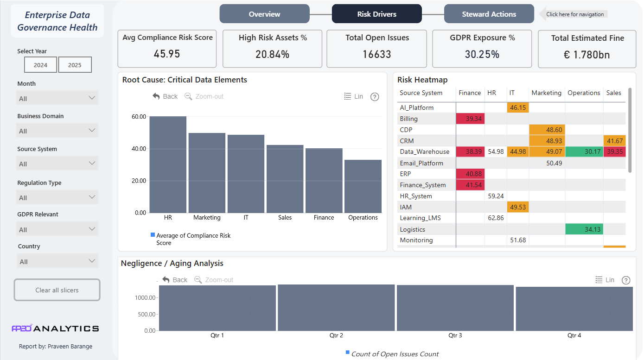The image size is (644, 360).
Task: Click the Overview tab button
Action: pyautogui.click(x=264, y=14)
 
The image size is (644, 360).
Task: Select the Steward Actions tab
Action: pyautogui.click(x=489, y=14)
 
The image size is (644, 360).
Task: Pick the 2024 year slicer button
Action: pyautogui.click(x=40, y=65)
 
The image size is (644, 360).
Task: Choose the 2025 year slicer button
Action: pyautogui.click(x=75, y=65)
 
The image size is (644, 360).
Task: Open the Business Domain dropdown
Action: pyautogui.click(x=57, y=131)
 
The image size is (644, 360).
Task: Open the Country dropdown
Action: pyautogui.click(x=57, y=261)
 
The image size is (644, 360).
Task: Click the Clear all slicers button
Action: pyautogui.click(x=57, y=290)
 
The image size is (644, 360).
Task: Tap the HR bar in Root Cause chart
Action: pyautogui.click(x=168, y=164)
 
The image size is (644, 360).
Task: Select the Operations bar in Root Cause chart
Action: pyautogui.click(x=363, y=186)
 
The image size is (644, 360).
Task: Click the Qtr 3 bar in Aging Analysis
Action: pyautogui.click(x=455, y=308)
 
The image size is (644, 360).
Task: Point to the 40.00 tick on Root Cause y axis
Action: pyautogui.click(x=139, y=149)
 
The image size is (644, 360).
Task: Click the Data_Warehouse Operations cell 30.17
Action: pyautogui.click(x=584, y=152)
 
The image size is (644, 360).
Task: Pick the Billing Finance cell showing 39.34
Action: pyautogui.click(x=470, y=119)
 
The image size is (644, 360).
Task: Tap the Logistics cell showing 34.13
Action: pyautogui.click(x=584, y=229)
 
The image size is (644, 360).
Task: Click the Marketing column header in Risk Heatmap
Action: pyautogui.click(x=546, y=93)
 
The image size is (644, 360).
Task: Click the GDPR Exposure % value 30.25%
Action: pyautogui.click(x=482, y=54)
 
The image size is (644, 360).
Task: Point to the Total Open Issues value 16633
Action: pyautogui.click(x=376, y=54)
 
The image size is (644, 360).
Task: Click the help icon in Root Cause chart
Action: pyautogui.click(x=374, y=97)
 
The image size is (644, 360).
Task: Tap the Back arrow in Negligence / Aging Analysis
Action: pyautogui.click(x=166, y=279)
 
